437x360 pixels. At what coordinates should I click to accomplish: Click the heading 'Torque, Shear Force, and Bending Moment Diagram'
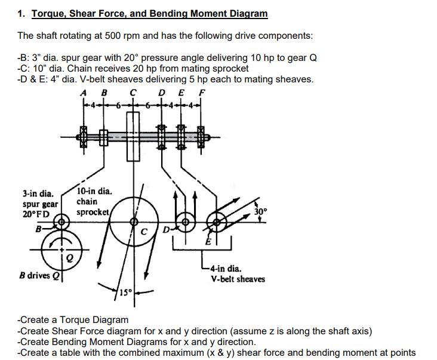click(149, 13)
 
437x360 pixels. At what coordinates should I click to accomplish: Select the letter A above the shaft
click(84, 93)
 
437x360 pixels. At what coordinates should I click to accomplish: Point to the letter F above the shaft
click(202, 93)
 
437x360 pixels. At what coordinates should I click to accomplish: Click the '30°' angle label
click(261, 211)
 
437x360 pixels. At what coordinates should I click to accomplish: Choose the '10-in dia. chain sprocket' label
click(94, 202)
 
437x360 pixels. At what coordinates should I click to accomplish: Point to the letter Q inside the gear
click(69, 259)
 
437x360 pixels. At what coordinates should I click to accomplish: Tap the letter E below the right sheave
click(208, 241)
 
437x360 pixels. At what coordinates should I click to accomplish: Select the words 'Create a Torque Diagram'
click(75, 319)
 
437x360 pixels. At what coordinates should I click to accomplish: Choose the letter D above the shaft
click(162, 93)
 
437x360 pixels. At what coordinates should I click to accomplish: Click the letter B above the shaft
click(104, 93)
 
